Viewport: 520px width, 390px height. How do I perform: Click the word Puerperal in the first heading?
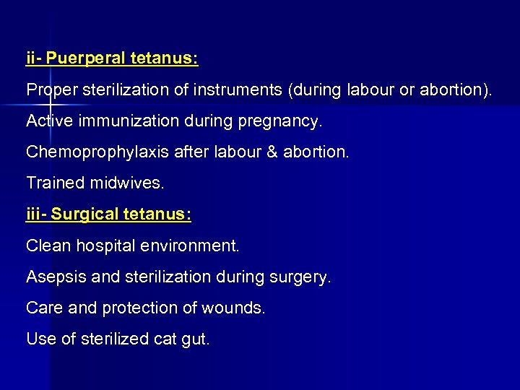[x=85, y=58]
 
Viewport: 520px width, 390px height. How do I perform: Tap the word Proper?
[x=49, y=90]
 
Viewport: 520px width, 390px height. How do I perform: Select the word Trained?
[x=55, y=183]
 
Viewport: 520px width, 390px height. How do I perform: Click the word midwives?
[x=127, y=183]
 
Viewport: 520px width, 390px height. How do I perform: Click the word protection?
[x=138, y=308]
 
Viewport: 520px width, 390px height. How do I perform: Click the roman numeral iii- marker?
[x=36, y=214]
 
